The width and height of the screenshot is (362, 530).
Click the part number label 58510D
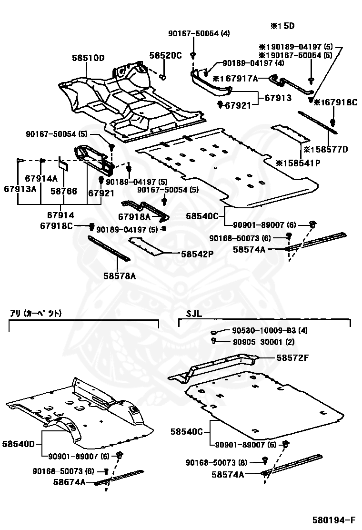pyautogui.click(x=88, y=58)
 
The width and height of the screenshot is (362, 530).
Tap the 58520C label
pyautogui.click(x=165, y=55)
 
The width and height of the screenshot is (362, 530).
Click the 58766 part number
pyautogui.click(x=63, y=191)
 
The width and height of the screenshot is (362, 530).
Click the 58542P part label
pyautogui.click(x=197, y=254)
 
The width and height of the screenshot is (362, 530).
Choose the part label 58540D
pyautogui.click(x=19, y=444)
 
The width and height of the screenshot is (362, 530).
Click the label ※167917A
pyautogui.click(x=235, y=79)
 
